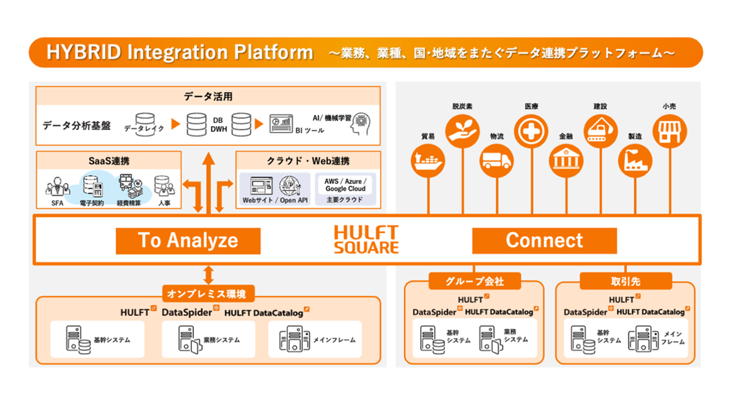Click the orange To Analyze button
[x=188, y=241]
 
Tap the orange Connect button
[x=544, y=241]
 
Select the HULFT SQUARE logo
[x=366, y=239]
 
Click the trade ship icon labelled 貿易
[x=428, y=158]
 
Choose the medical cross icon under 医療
[x=532, y=131]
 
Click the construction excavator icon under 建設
[x=600, y=131]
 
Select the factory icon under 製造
[x=635, y=159]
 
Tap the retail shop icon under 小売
[x=669, y=131]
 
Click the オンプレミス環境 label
[x=208, y=294]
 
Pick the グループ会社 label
[x=474, y=281]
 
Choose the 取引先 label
[x=625, y=281]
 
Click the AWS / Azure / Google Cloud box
[x=345, y=185]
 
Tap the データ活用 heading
[x=207, y=97]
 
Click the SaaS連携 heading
[x=108, y=160]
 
